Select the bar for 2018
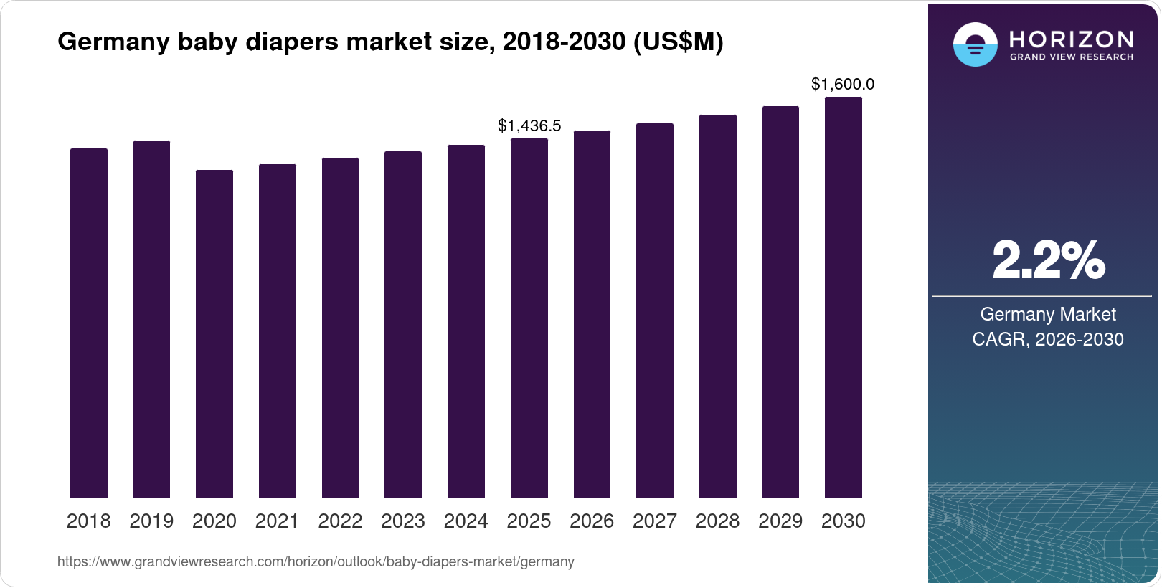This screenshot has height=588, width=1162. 89,323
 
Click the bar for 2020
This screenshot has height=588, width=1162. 214,333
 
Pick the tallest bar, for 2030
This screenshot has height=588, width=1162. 844,297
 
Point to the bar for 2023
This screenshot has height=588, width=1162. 403,324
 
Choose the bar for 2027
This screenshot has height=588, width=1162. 655,310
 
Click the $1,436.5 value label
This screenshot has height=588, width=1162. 529,126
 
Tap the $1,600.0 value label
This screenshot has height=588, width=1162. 843,85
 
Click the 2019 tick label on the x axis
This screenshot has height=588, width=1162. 151,521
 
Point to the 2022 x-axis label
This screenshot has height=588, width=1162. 340,521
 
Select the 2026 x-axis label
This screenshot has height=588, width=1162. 592,521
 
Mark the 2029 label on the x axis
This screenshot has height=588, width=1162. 780,521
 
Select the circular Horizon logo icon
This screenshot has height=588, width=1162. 975,44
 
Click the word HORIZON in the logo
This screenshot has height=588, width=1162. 1071,39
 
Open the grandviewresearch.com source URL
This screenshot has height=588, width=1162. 316,562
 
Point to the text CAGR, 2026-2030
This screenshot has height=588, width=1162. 1047,339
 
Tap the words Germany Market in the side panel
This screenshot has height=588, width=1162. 1047,314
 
